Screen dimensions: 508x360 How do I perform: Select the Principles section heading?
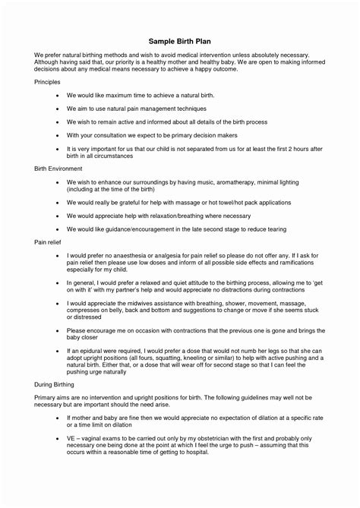(x=49, y=80)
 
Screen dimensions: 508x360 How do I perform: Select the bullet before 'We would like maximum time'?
(x=58, y=96)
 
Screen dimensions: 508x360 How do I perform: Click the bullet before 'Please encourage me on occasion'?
(x=58, y=331)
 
